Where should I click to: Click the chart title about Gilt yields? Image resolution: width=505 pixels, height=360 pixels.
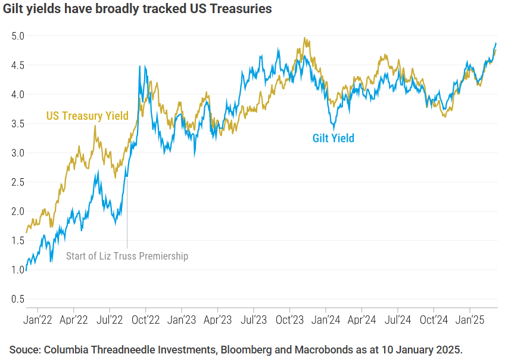(138, 9)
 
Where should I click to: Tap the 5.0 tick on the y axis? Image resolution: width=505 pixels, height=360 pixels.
(18, 36)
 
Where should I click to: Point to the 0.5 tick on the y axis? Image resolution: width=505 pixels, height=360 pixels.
(18, 299)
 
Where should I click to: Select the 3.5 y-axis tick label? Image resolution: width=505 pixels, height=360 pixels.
(18, 123)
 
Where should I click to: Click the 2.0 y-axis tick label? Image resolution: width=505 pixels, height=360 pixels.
(18, 212)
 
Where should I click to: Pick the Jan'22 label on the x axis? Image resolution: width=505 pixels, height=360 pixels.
(38, 319)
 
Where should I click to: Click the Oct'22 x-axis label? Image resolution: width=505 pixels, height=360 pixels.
(145, 319)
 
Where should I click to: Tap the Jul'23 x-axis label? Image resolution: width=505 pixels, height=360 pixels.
(253, 319)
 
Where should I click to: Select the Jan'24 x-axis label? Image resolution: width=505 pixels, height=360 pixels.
(326, 319)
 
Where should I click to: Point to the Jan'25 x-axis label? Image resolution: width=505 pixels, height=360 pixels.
(470, 319)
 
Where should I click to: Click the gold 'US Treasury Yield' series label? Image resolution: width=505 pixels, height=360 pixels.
(88, 116)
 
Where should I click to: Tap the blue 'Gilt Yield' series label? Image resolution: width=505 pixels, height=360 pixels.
(333, 138)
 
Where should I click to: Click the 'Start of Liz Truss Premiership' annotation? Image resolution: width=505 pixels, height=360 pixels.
(127, 256)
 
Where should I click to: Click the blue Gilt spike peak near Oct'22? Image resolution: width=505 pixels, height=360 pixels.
(139, 66)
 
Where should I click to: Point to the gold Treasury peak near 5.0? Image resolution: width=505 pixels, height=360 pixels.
(304, 38)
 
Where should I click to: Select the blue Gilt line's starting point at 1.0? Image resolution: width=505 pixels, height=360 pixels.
(26, 269)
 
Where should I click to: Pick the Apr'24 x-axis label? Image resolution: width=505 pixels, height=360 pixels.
(361, 319)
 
